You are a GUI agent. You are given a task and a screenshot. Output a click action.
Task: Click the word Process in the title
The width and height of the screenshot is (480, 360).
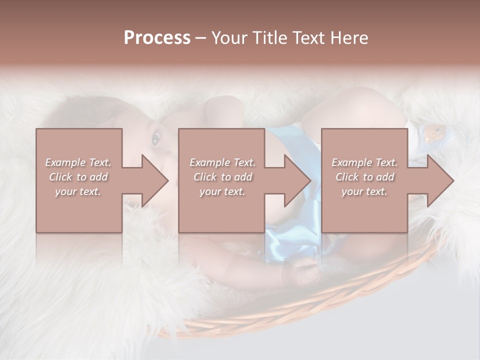click(x=157, y=38)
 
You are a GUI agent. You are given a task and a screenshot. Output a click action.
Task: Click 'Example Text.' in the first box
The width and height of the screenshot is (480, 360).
click(x=78, y=162)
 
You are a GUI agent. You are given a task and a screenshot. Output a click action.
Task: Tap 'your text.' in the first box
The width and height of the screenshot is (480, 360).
click(x=78, y=191)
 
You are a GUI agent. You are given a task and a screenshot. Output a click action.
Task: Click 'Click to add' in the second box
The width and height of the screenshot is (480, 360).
click(x=222, y=177)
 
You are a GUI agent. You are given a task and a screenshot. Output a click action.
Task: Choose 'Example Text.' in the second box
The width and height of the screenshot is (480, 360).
click(x=222, y=162)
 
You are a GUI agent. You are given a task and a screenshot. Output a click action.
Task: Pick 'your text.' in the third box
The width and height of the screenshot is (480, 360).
click(x=364, y=191)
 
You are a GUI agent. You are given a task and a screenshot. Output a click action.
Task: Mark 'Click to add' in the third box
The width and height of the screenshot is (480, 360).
click(x=364, y=177)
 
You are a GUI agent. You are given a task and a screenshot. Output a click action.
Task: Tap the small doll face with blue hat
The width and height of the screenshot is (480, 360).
click(x=433, y=133)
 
